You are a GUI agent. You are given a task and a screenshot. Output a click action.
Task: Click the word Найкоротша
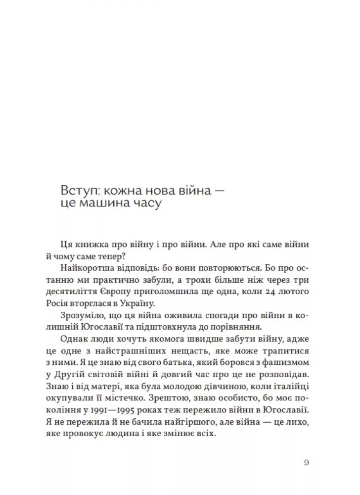pos(88,268)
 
